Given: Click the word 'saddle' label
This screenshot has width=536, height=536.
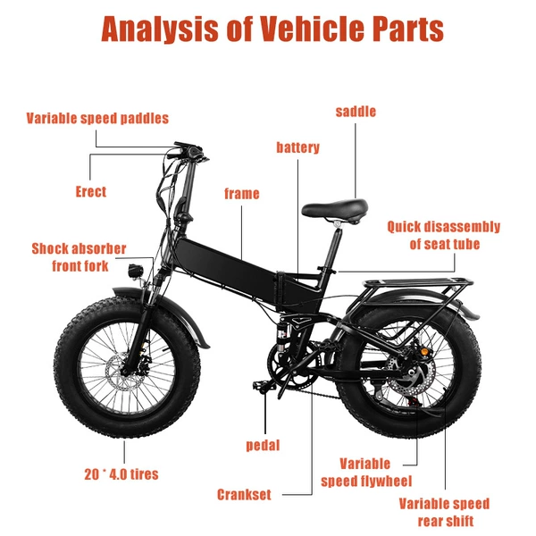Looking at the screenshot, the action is tap(356, 112).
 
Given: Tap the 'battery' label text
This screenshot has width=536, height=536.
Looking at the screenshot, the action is tap(297, 147).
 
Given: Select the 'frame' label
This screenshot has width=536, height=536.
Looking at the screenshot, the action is tap(242, 194).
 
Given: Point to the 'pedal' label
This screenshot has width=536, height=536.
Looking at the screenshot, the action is tap(263, 445).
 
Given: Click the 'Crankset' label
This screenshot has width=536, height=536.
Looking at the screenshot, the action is tap(244, 495).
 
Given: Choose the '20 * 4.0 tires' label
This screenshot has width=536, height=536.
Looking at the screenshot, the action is tap(121, 474).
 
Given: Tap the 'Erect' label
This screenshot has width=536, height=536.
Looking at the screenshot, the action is tap(91, 191).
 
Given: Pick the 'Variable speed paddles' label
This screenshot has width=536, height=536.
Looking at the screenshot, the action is tap(97, 118).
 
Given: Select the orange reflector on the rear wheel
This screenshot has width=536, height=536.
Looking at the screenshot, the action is tap(424, 352).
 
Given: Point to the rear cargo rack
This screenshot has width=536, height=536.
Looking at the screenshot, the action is tap(417, 284).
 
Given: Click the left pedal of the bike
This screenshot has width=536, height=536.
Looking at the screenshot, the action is tap(264, 386).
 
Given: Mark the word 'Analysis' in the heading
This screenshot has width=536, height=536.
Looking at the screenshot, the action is tap(160, 29).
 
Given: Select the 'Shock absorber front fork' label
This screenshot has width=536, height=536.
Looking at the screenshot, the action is tap(79, 257).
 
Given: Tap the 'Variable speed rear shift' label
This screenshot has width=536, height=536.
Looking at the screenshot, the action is tap(444, 513).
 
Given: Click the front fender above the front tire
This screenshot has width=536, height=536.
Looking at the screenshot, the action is tap(161, 305).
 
